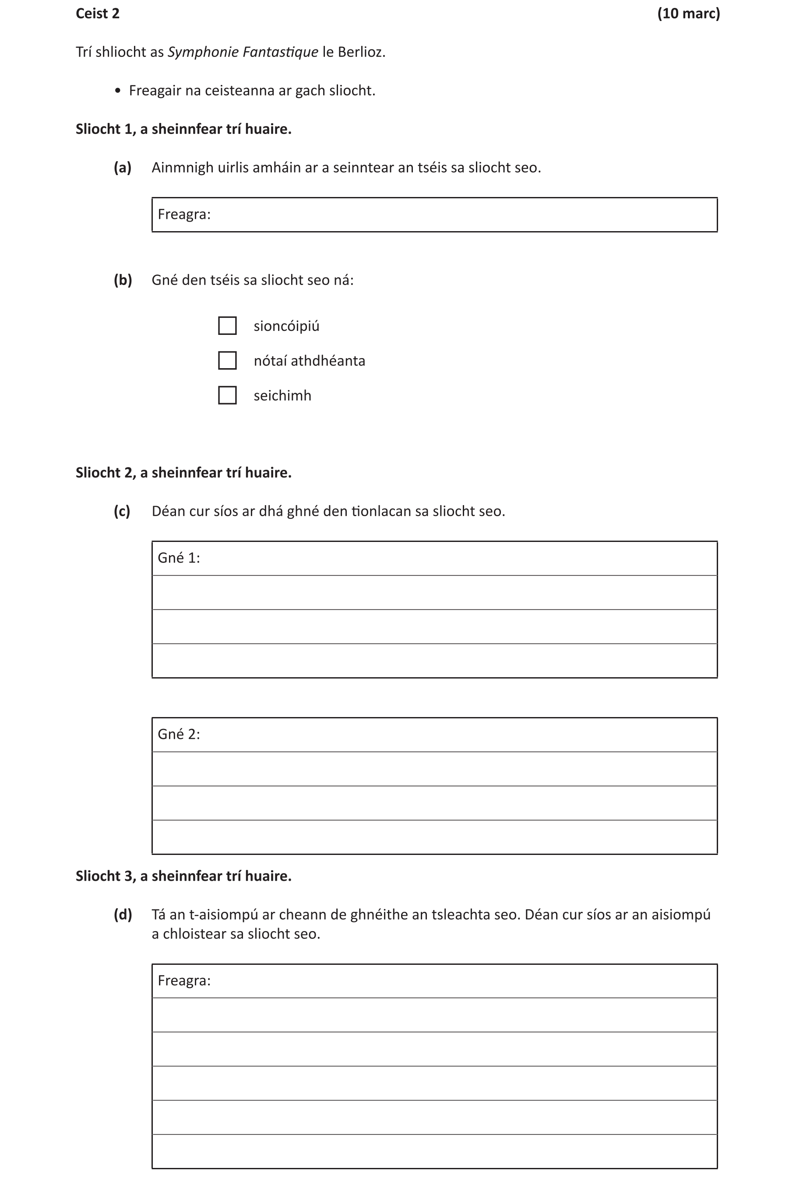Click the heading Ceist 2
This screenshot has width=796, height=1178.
tap(97, 14)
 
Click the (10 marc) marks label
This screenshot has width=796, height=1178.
tap(688, 14)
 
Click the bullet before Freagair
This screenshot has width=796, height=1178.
tap(118, 91)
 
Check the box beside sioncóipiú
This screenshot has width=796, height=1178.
tap(227, 326)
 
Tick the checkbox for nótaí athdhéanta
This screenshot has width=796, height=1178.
tap(227, 360)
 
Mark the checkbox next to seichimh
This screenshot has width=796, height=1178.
tap(227, 395)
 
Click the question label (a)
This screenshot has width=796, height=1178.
tap(122, 168)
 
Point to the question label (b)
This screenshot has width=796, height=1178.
tap(123, 280)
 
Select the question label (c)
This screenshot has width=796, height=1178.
tap(122, 511)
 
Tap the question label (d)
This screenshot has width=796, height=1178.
tap(123, 914)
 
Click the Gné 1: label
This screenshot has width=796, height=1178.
tap(179, 558)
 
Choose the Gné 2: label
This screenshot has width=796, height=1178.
tap(179, 735)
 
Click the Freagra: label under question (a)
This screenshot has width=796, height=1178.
tap(184, 215)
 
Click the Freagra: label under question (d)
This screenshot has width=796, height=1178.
tap(184, 981)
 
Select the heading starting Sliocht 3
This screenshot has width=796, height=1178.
tap(183, 876)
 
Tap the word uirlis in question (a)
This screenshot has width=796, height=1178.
tap(233, 168)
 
